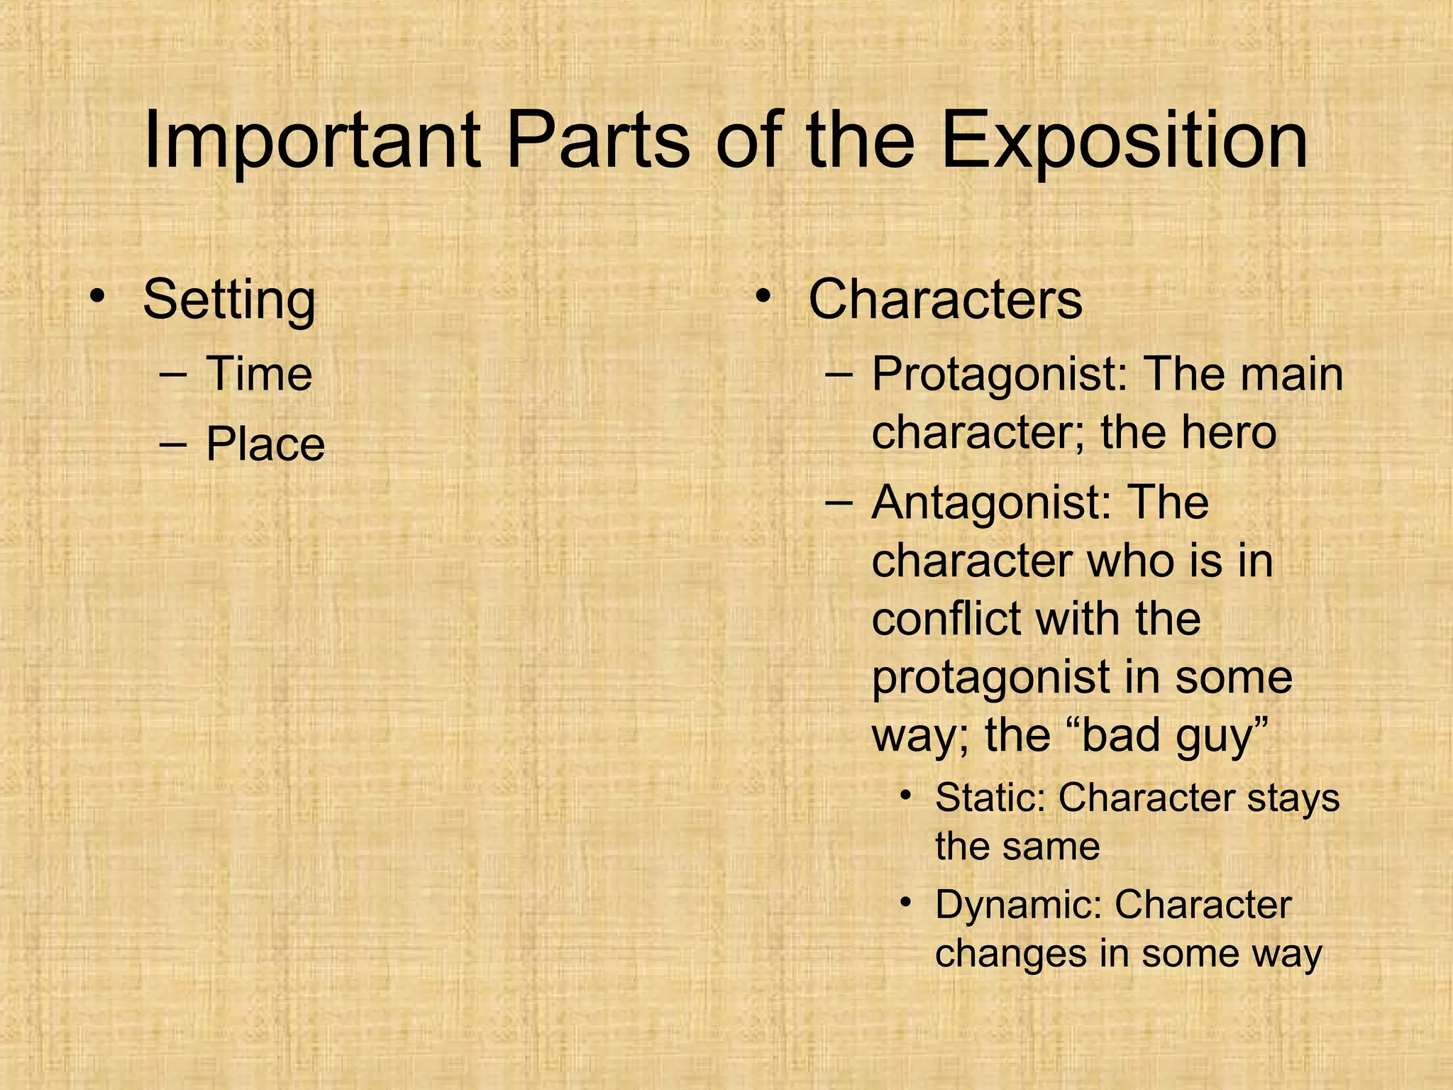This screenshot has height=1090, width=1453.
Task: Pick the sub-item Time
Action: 259,374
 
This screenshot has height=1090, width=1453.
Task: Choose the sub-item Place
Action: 265,445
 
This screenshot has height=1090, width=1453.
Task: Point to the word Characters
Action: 945,299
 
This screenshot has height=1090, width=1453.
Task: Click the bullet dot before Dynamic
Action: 905,901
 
